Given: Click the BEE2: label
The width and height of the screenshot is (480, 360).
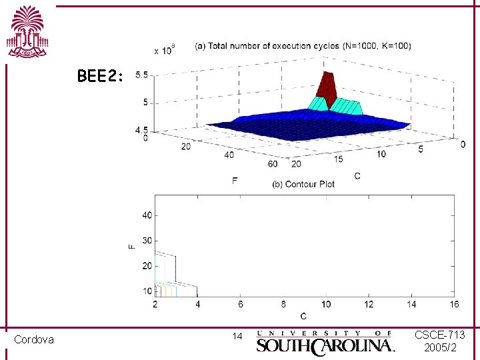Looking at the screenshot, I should [100, 76].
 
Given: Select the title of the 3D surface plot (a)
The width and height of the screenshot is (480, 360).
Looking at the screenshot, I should [303, 46].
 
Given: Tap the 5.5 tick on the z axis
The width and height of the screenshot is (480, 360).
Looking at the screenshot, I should [141, 75].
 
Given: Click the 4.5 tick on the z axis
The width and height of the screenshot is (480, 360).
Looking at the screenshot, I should [141, 130].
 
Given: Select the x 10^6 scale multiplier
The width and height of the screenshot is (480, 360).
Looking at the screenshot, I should [164, 49].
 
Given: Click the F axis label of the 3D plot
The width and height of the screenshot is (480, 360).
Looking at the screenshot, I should [235, 180].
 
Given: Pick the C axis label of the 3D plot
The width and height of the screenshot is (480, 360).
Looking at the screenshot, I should [357, 176].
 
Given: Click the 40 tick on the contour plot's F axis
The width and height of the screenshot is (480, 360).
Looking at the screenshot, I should [147, 215].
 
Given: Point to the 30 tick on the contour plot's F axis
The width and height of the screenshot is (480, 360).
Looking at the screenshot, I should [147, 241].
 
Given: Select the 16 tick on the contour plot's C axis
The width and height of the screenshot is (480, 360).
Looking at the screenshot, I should [455, 305].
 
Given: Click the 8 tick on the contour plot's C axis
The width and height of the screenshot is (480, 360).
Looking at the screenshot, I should [283, 305].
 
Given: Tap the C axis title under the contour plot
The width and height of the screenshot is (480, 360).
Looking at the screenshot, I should [304, 315].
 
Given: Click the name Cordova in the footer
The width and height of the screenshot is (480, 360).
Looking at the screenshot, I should [34, 340].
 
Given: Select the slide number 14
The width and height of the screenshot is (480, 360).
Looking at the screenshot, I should [237, 337].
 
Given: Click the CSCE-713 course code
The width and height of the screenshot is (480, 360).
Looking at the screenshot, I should [440, 334].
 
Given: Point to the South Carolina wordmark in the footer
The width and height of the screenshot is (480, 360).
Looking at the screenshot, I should [326, 342].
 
